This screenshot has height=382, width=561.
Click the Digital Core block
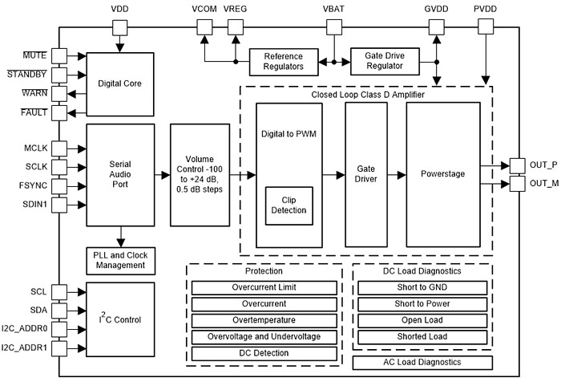click(x=119, y=83)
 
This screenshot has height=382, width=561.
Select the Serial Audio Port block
click(x=119, y=175)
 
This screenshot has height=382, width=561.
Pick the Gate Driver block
click(x=365, y=175)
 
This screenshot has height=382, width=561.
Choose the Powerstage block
click(x=442, y=175)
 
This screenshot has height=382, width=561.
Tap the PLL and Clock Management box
click(x=119, y=261)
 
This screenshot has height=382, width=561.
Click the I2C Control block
click(x=119, y=319)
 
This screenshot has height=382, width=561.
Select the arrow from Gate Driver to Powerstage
click(x=396, y=174)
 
